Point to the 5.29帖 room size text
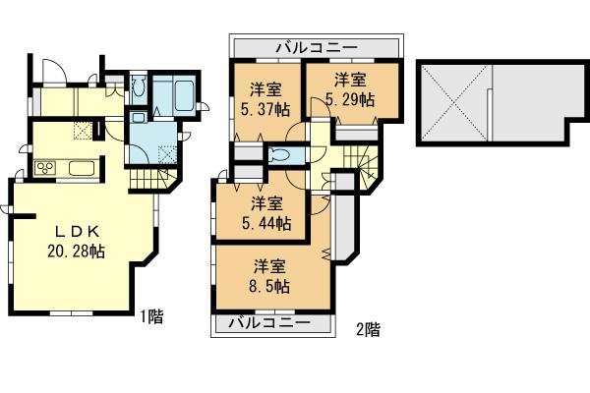(351, 99)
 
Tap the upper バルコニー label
(316, 46)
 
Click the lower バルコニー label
(270, 322)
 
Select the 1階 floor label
(150, 316)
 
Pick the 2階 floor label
(367, 329)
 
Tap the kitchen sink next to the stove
(81, 168)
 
